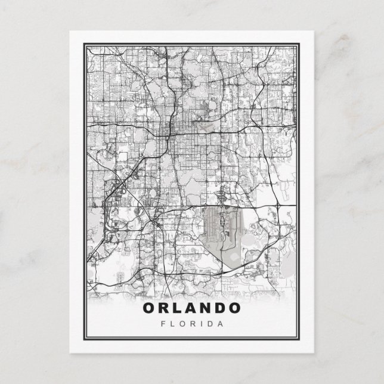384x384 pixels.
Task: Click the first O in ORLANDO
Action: (x=149, y=308)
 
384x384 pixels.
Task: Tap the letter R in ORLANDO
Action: (x=164, y=308)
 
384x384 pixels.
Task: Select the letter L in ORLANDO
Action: (x=177, y=308)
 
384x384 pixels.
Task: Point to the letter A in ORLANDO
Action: (x=190, y=308)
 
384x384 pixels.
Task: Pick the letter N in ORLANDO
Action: (x=205, y=308)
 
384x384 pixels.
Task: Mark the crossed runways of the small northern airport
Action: (x=205, y=128)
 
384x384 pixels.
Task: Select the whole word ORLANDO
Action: (x=192, y=308)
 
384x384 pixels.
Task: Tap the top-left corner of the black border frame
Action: (x=83, y=42)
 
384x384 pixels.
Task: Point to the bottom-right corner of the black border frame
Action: (x=301, y=342)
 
